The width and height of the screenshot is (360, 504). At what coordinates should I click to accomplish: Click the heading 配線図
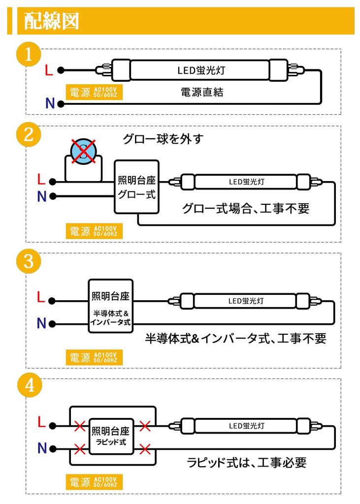(x=52, y=21)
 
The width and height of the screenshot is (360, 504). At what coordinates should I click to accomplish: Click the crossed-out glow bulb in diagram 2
(x=83, y=152)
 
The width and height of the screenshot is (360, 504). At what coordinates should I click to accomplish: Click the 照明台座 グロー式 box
(x=136, y=187)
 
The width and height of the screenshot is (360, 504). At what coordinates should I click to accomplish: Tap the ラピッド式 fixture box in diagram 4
(x=110, y=436)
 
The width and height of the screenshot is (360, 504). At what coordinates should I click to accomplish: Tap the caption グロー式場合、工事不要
(x=245, y=208)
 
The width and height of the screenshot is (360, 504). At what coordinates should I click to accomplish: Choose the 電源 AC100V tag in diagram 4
(x=94, y=481)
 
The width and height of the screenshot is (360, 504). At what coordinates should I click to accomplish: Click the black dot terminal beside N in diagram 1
(x=61, y=104)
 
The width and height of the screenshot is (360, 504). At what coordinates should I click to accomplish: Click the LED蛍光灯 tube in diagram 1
(x=201, y=70)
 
